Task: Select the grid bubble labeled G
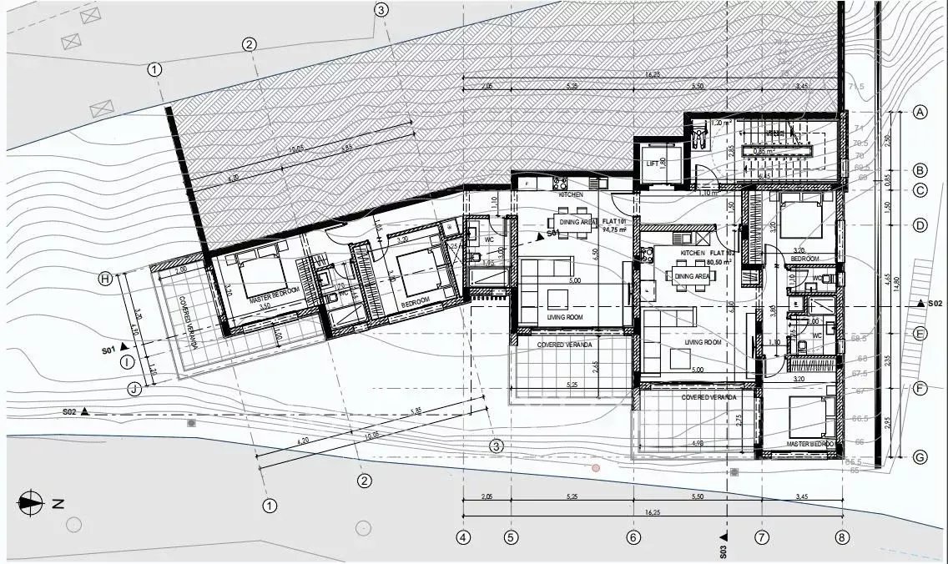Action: (x=920, y=456)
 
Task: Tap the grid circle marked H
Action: (x=129, y=279)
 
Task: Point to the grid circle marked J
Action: (x=134, y=388)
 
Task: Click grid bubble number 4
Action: (x=463, y=537)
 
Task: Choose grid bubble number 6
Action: (x=633, y=537)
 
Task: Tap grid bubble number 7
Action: (x=761, y=537)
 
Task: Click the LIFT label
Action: (x=653, y=164)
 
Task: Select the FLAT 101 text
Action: (x=614, y=221)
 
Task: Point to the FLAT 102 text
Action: (x=721, y=252)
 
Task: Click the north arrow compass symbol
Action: (x=31, y=503)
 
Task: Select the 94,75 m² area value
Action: (x=614, y=229)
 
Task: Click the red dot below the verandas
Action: (x=596, y=469)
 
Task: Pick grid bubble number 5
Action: (x=511, y=537)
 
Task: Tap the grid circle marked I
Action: (x=127, y=361)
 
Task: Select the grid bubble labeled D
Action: (x=920, y=225)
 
